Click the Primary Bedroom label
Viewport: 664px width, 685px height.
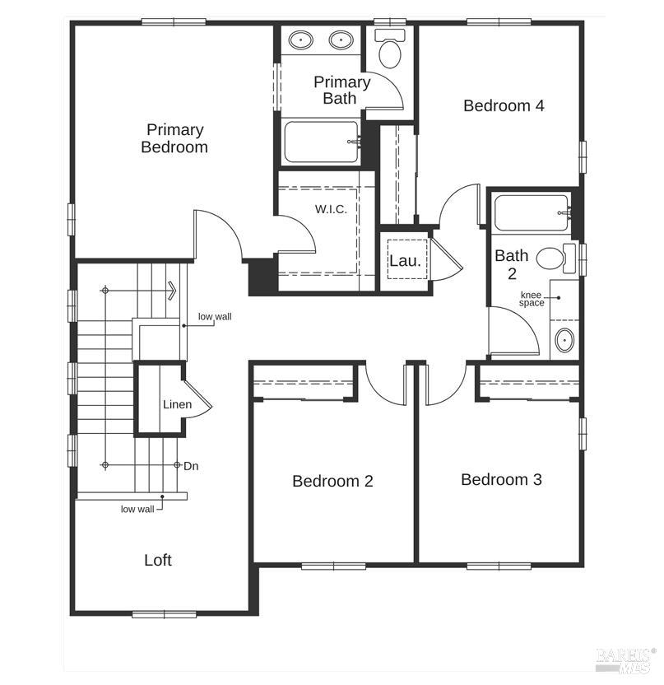[x=174, y=138]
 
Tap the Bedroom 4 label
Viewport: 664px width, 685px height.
[x=504, y=105]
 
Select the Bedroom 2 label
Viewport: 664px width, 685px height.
[x=332, y=481]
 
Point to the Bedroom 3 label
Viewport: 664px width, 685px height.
[x=502, y=480]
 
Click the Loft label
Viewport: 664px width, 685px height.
[x=158, y=560]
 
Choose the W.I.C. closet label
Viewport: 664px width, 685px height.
[x=332, y=209]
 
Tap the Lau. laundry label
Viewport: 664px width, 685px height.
[x=405, y=261]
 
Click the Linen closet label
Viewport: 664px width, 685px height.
[x=177, y=404]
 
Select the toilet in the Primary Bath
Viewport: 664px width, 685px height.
[x=390, y=48]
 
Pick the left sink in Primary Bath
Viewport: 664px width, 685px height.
[x=301, y=40]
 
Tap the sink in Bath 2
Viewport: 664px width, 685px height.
[x=564, y=340]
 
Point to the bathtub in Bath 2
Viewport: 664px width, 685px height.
[x=532, y=213]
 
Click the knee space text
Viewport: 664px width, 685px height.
[x=532, y=299]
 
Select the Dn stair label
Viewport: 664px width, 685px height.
[x=191, y=466]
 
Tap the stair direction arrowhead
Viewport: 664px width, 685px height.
[x=173, y=290]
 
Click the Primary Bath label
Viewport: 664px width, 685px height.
[x=341, y=90]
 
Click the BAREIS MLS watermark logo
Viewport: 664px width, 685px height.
[x=625, y=659]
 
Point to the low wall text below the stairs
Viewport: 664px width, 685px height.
[x=137, y=509]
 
